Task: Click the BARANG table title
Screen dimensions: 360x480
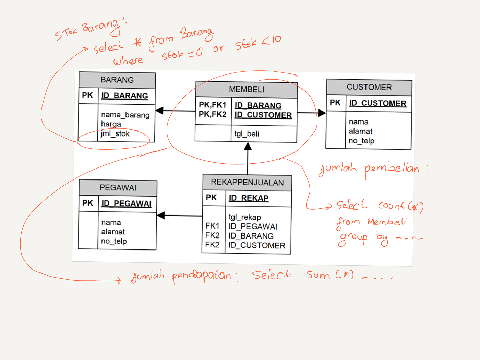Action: [117, 80]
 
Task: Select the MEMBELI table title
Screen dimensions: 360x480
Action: [247, 90]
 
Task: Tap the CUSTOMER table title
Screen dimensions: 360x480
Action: [369, 87]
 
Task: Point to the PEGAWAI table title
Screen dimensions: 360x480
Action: [118, 188]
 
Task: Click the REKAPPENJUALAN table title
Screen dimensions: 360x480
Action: [247, 182]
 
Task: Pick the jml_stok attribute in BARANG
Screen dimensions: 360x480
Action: [115, 134]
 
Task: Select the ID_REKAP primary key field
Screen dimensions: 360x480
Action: [249, 198]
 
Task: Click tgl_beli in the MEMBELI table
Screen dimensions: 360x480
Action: [247, 134]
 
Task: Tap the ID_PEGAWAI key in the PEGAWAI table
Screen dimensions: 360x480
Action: [126, 204]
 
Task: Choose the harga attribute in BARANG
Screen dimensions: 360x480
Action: [111, 124]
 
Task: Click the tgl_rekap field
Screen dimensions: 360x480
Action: [245, 217]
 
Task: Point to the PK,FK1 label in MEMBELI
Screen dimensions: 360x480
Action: [213, 105]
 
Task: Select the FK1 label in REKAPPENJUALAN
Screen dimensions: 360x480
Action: [212, 226]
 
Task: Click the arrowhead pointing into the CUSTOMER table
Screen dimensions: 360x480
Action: [322, 113]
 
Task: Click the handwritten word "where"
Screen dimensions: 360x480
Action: [128, 61]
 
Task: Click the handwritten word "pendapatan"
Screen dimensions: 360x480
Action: [202, 276]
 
